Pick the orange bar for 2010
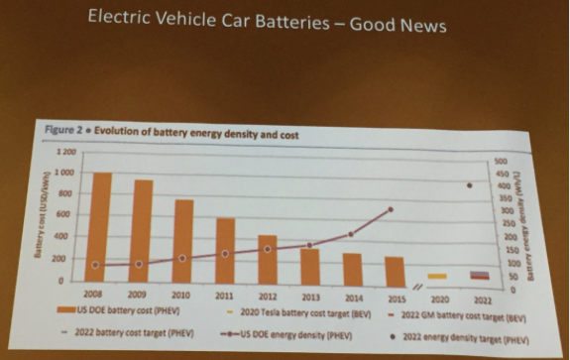tap(182, 244)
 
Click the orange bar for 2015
tap(394, 272)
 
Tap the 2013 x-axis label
tap(310, 297)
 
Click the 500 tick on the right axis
tap(502, 159)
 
